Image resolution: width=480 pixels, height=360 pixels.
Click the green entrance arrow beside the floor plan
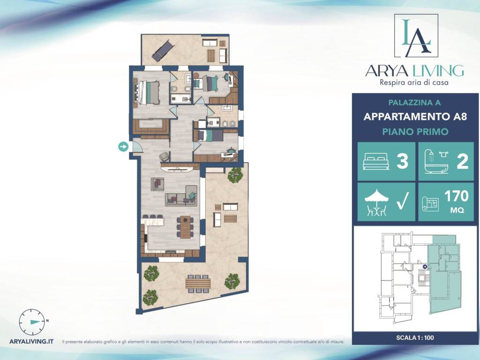click(123, 147)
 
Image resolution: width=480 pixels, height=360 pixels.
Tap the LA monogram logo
click(416, 36)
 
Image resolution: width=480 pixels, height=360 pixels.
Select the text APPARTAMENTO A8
click(415, 117)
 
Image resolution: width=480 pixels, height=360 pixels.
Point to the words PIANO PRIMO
click(415, 132)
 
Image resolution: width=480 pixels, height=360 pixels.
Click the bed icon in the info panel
click(376, 161)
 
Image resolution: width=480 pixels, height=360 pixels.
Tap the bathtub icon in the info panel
click(437, 161)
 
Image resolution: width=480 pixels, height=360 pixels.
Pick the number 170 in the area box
click(457, 196)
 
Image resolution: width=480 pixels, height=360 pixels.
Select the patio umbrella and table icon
click(376, 202)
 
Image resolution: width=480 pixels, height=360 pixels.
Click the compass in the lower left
click(31, 322)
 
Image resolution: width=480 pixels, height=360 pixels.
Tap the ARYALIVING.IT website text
click(31, 341)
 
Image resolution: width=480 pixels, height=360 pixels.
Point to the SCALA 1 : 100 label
click(415, 338)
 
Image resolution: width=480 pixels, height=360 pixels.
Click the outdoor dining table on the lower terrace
click(198, 283)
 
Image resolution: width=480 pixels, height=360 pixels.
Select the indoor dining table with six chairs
click(185, 227)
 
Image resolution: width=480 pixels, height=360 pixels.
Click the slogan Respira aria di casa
click(414, 82)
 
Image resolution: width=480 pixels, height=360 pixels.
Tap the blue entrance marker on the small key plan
click(425, 267)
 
